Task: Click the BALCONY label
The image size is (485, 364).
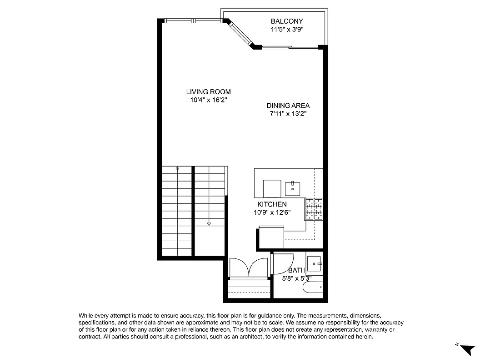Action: point(286,21)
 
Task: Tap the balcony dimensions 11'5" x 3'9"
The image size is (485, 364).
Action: point(286,30)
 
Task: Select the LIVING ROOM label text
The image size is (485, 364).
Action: point(208,92)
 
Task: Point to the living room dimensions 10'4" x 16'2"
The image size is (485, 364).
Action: point(208,100)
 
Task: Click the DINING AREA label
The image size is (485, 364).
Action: point(288,106)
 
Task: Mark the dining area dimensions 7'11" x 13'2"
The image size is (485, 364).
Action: point(288,114)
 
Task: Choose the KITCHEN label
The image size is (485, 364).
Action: point(272,204)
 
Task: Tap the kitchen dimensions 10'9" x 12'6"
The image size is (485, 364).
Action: point(272,212)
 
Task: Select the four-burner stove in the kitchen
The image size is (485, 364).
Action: point(314,209)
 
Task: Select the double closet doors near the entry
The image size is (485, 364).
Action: point(249,268)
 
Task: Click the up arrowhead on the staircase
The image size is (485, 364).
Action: point(177,168)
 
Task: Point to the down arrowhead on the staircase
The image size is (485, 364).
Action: point(209,224)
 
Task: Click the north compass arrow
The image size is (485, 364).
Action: point(467,350)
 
